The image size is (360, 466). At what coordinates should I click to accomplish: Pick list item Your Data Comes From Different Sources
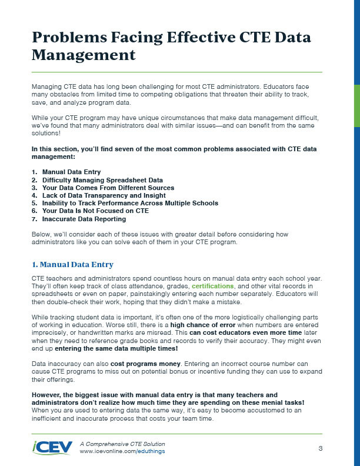pos(108,188)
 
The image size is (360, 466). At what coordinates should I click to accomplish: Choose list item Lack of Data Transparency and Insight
pos(104,195)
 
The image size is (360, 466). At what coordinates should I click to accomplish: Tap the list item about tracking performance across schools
pos(130,203)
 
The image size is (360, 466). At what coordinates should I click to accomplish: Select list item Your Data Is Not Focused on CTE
pos(95,211)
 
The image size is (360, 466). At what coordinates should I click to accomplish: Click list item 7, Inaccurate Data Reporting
pos(84,219)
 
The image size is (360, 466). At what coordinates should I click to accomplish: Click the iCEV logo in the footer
pos(53,447)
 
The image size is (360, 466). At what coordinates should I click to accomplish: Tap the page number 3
pos(320,448)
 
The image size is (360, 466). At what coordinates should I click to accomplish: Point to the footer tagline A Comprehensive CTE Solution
pos(122,443)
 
